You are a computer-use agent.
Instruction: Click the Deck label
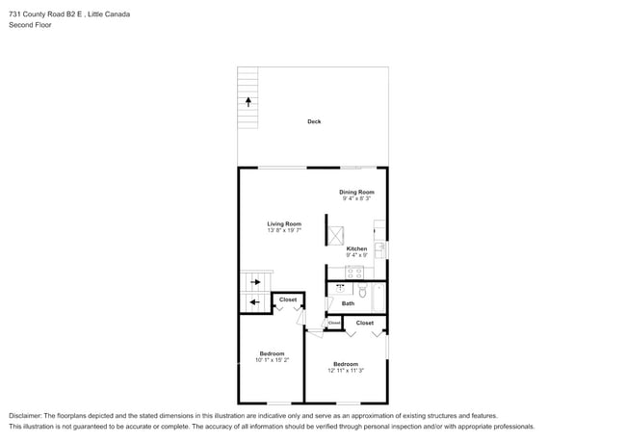pyautogui.click(x=314, y=121)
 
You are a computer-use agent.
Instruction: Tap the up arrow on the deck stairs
pyautogui.click(x=248, y=102)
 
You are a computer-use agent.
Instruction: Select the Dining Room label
pyautogui.click(x=356, y=192)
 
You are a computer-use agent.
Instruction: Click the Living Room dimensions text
pyautogui.click(x=284, y=230)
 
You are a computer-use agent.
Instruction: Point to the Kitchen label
pyautogui.click(x=356, y=248)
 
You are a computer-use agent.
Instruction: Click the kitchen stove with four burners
pyautogui.click(x=354, y=273)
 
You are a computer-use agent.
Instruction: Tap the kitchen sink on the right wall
pyautogui.click(x=380, y=250)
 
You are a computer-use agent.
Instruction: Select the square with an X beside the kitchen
pyautogui.click(x=335, y=236)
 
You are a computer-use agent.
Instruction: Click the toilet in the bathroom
pyautogui.click(x=362, y=291)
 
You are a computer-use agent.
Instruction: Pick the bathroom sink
pyautogui.click(x=340, y=288)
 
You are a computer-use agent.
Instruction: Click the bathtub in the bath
pyautogui.click(x=378, y=298)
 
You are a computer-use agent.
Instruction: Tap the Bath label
pyautogui.click(x=348, y=303)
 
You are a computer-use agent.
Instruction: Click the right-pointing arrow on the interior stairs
pyautogui.click(x=255, y=282)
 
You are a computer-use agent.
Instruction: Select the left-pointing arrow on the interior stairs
pyautogui.click(x=254, y=302)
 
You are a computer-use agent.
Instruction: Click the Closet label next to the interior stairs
pyautogui.click(x=288, y=300)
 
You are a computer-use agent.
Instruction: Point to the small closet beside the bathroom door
pyautogui.click(x=334, y=323)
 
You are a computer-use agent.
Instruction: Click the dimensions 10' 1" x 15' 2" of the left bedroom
pyautogui.click(x=272, y=360)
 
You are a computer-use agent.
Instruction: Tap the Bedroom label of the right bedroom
pyautogui.click(x=346, y=364)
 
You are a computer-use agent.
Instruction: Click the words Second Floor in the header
pyautogui.click(x=31, y=25)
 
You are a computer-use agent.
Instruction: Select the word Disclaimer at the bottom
pyautogui.click(x=25, y=416)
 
